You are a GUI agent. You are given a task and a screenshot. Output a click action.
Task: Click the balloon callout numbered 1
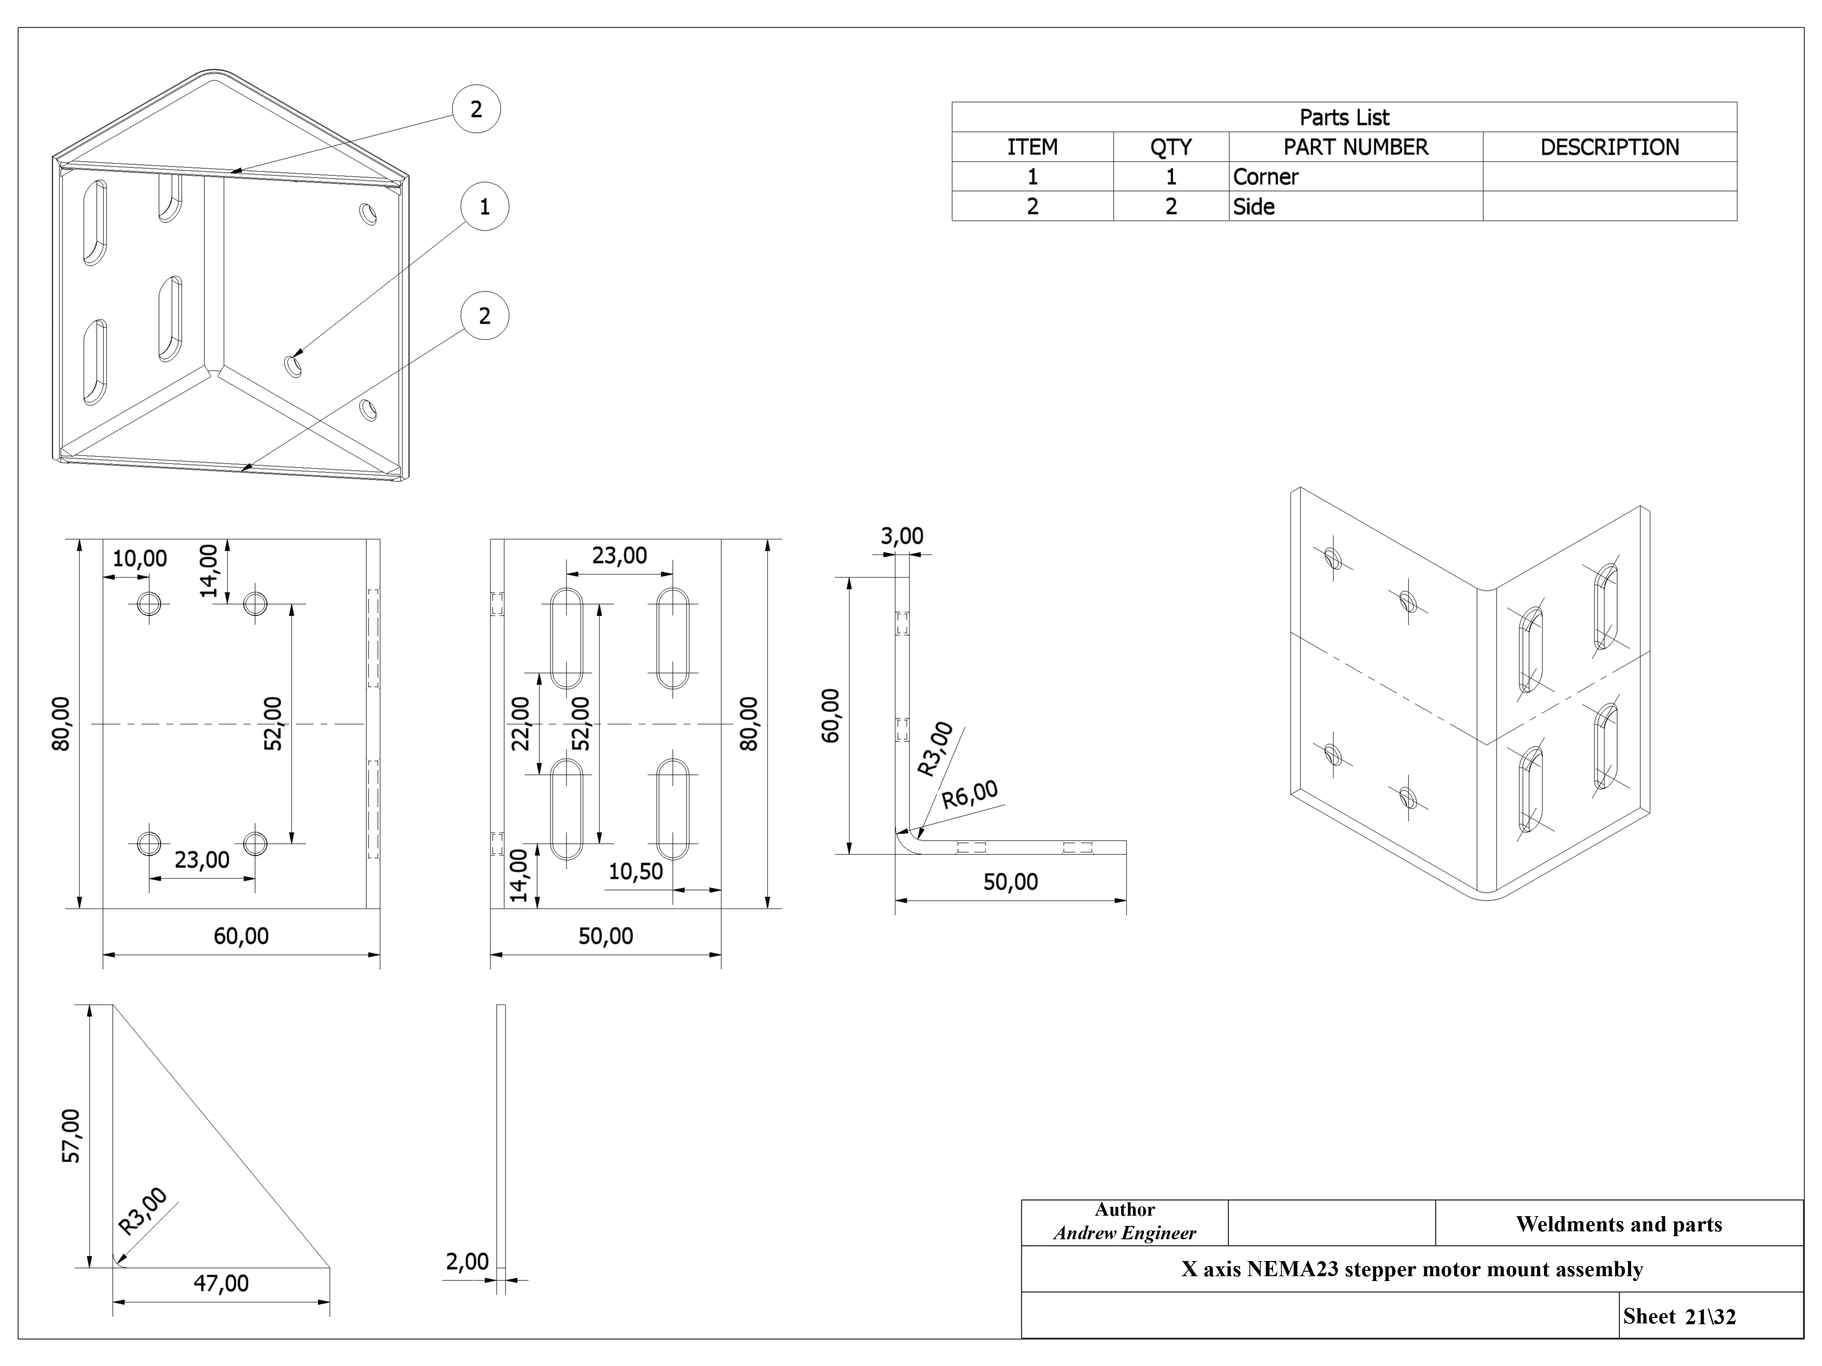(484, 207)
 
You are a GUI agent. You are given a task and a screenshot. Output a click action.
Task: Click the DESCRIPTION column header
(1609, 147)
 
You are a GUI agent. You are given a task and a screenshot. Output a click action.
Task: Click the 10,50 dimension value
(635, 871)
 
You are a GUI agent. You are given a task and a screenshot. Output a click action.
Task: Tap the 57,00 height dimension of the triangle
(72, 1136)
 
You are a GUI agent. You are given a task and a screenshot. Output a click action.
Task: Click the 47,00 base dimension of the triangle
(221, 1283)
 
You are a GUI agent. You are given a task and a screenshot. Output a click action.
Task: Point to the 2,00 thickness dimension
(467, 1262)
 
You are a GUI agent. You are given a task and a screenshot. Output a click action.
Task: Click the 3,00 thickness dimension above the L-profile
(902, 536)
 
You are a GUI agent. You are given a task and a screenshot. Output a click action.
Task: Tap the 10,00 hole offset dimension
(139, 558)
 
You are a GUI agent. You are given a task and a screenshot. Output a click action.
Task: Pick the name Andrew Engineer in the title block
(1125, 1233)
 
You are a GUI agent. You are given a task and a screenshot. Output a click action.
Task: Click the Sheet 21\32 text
(1679, 1317)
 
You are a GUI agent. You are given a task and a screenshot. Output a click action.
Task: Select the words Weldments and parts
(1619, 1225)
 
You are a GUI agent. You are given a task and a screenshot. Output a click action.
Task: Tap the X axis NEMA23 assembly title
(1412, 1269)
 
